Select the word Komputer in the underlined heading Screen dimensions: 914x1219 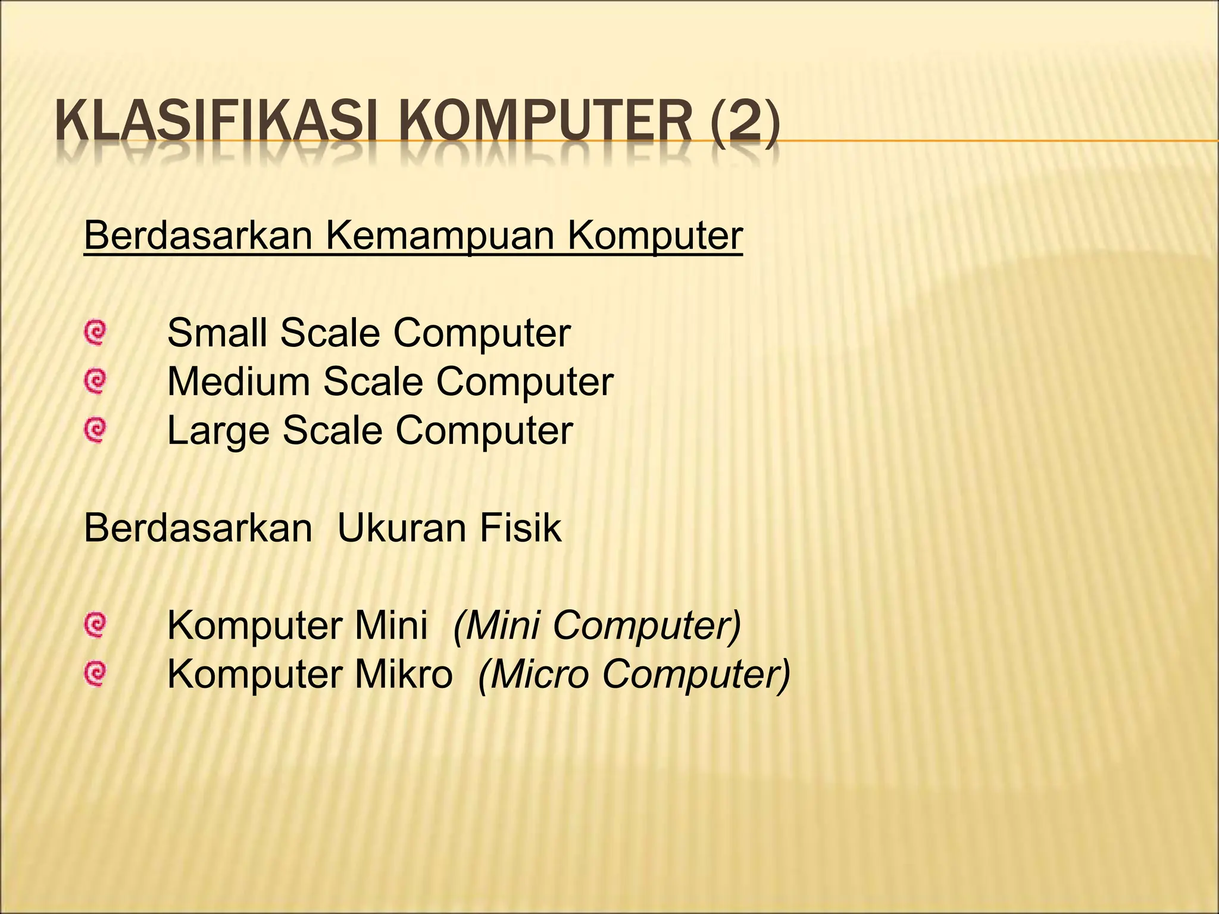point(655,236)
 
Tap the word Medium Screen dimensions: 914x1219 point(238,381)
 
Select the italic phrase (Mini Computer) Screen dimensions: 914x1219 point(597,625)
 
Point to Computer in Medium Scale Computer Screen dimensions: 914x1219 point(524,381)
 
